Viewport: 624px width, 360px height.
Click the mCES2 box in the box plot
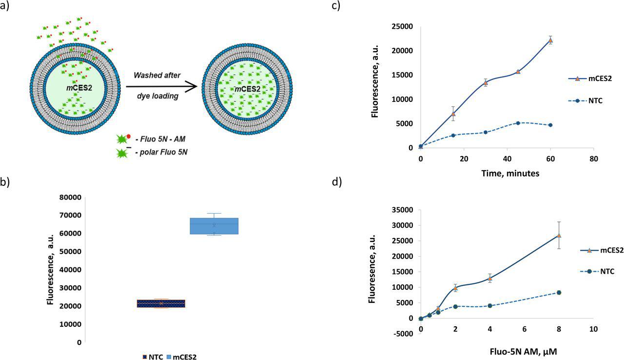coord(214,226)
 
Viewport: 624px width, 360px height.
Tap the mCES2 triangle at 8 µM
coord(559,235)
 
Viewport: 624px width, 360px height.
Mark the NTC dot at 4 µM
coord(489,306)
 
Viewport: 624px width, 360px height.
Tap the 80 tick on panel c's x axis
coord(593,159)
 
